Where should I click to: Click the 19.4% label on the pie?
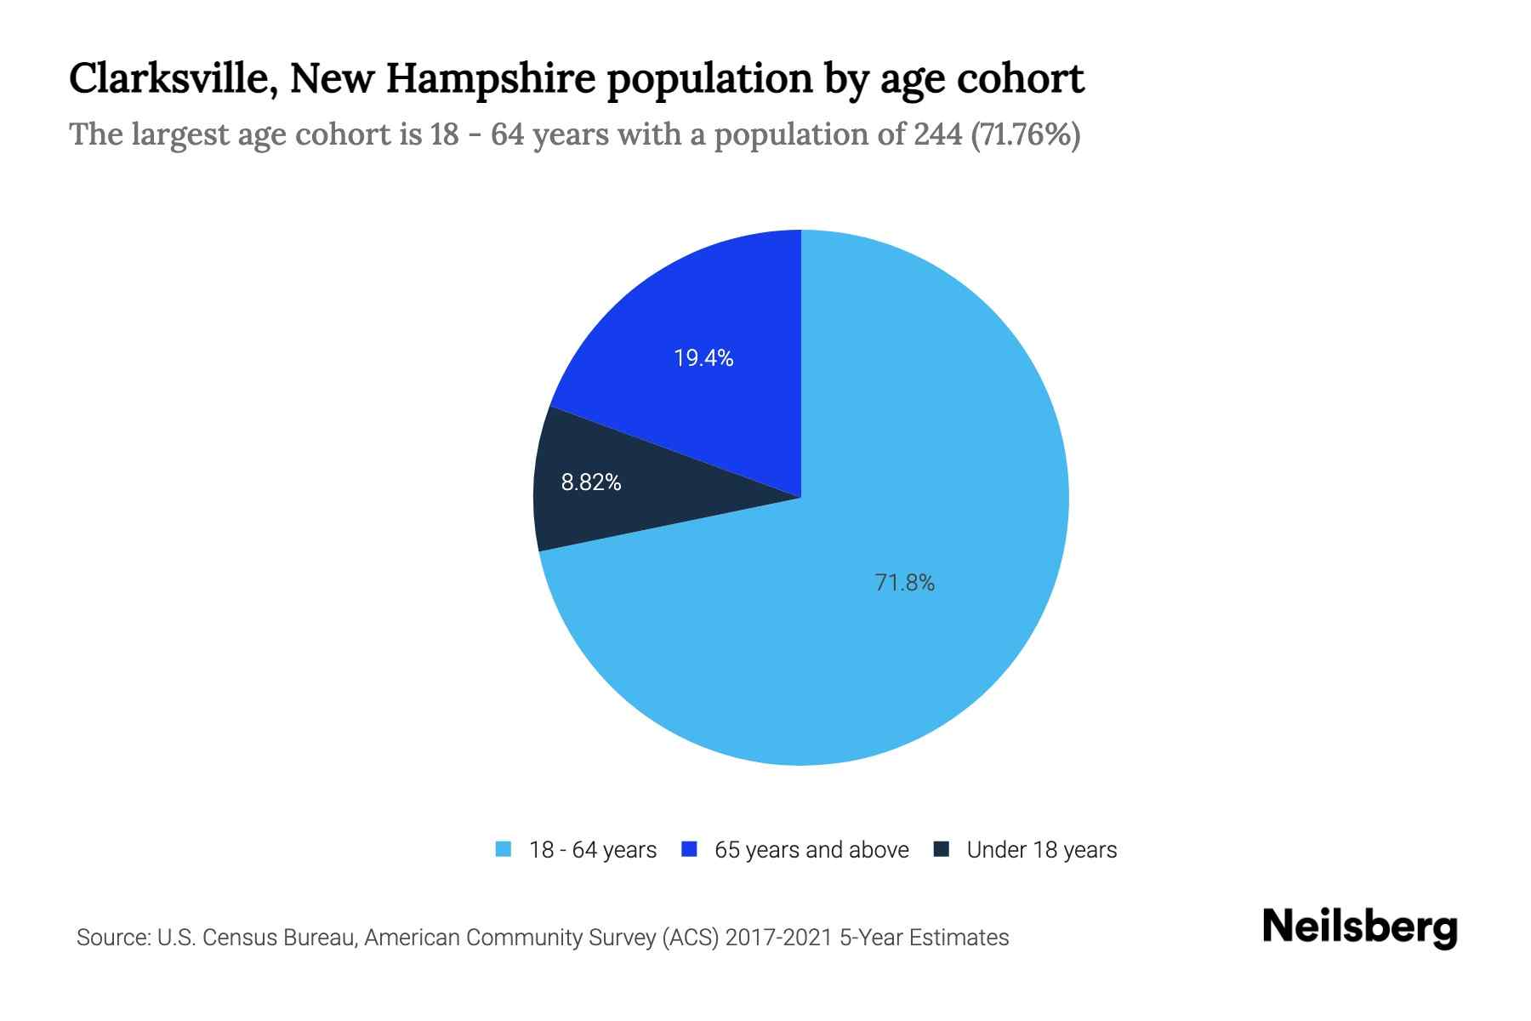[x=703, y=358]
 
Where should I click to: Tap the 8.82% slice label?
[x=591, y=482]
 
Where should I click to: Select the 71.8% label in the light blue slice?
[x=904, y=583]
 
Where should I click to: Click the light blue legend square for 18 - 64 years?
[x=504, y=849]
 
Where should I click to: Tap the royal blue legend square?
[x=690, y=849]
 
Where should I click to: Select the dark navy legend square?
[x=942, y=849]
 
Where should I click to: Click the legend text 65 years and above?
[x=811, y=850]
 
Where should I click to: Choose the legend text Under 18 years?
[x=1041, y=850]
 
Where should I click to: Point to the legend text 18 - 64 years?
[x=593, y=850]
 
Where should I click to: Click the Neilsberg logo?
[x=1359, y=927]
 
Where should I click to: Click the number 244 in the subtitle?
[x=938, y=134]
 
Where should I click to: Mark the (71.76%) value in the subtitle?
[x=1026, y=134]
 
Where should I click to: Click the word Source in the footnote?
[x=111, y=938]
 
